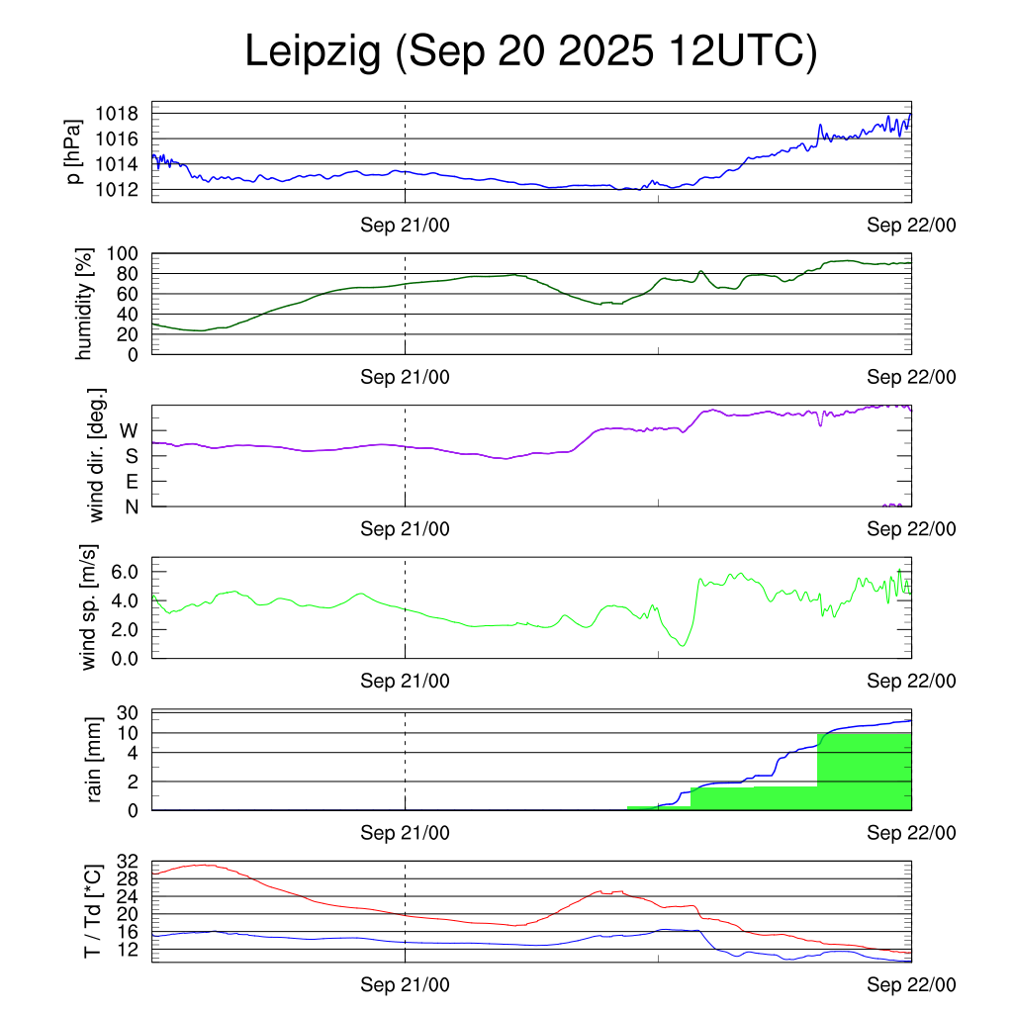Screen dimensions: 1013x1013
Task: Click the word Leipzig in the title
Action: click(314, 51)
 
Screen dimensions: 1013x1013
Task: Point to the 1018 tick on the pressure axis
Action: click(116, 114)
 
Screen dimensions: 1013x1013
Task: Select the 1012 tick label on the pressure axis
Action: click(116, 189)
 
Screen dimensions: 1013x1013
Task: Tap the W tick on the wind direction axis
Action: click(130, 430)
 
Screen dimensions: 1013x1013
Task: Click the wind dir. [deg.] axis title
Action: click(96, 456)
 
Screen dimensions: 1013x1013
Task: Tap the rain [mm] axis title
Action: click(96, 760)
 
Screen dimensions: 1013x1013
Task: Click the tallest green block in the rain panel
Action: click(864, 772)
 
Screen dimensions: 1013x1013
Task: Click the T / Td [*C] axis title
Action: click(92, 911)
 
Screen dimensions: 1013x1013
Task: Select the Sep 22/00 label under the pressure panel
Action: click(911, 226)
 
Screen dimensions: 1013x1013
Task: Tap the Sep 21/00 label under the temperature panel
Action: click(405, 984)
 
